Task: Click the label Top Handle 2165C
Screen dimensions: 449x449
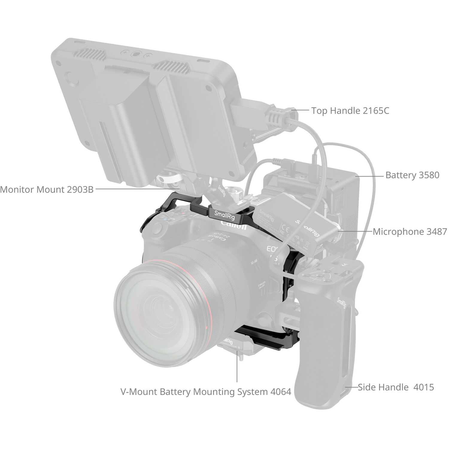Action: pyautogui.click(x=350, y=111)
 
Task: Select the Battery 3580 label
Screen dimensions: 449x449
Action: pyautogui.click(x=412, y=175)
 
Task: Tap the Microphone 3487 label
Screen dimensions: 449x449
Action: pyautogui.click(x=409, y=232)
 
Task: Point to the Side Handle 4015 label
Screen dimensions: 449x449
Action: pyautogui.click(x=396, y=387)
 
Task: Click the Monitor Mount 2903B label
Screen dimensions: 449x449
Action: pyautogui.click(x=47, y=189)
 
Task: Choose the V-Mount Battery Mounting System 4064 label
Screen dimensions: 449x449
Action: pyautogui.click(x=206, y=392)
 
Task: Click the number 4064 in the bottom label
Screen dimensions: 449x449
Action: pyautogui.click(x=280, y=392)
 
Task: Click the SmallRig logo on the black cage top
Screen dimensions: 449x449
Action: pyautogui.click(x=224, y=215)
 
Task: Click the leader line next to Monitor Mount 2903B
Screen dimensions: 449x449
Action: pyautogui.click(x=136, y=189)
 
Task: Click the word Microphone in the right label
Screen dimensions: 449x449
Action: pyautogui.click(x=395, y=232)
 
